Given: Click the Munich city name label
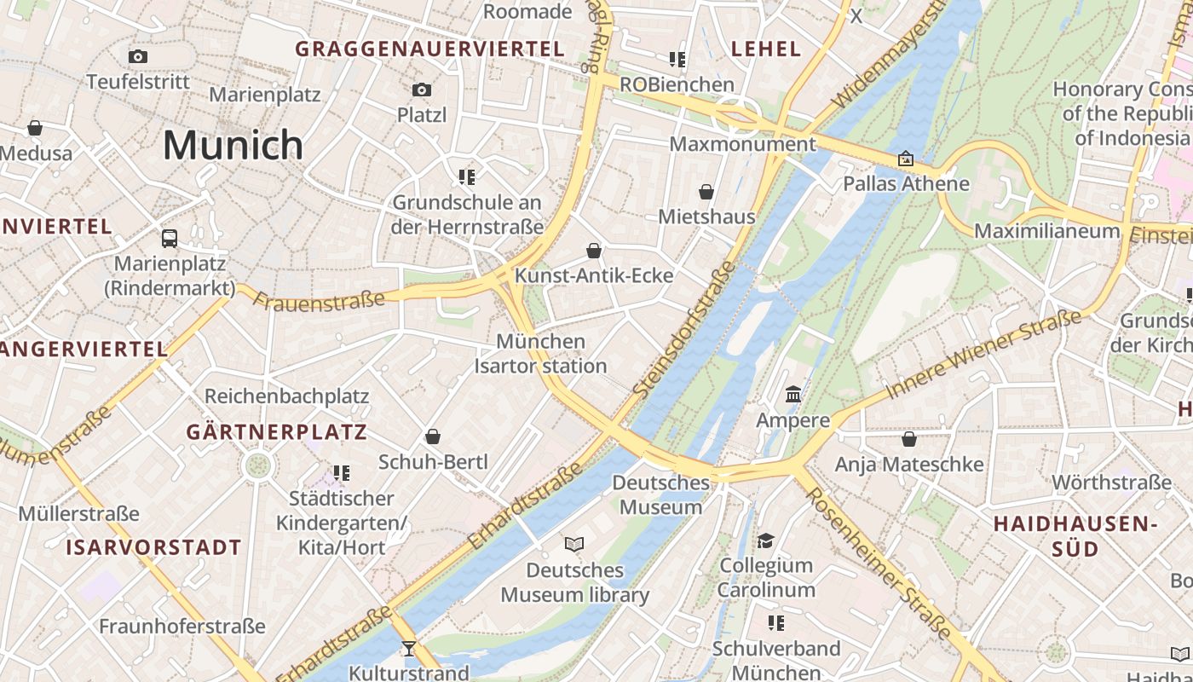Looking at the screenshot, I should [x=233, y=145].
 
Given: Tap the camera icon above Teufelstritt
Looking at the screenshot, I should [x=138, y=56].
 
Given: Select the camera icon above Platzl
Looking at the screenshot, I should [x=422, y=90].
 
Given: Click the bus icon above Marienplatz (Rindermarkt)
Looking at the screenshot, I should [x=170, y=238].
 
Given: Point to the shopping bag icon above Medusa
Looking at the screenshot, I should [x=35, y=128].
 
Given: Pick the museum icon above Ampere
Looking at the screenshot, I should [x=793, y=394].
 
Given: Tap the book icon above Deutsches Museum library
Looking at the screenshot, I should [x=575, y=544].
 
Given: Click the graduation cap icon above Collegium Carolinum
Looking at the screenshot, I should [x=766, y=540].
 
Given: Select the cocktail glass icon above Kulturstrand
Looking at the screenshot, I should [x=409, y=649].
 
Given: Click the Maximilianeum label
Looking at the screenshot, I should [x=1046, y=231].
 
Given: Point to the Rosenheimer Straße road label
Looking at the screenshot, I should [x=879, y=564].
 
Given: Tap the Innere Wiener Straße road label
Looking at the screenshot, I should [x=984, y=354].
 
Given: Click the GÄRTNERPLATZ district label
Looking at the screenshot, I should [x=277, y=432].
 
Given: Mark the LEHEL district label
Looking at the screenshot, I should [x=767, y=49].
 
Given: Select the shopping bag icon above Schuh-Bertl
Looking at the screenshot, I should [x=433, y=436].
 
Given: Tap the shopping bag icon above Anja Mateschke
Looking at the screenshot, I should [x=909, y=439].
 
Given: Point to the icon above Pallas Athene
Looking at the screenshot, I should [x=906, y=159].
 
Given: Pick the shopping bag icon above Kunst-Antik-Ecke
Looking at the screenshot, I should [x=594, y=251].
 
